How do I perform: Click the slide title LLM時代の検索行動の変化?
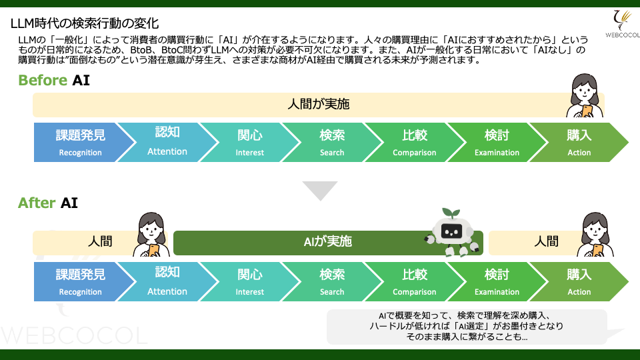[85, 24]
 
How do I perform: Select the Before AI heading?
[54, 81]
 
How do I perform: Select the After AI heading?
[48, 203]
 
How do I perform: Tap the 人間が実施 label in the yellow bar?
[318, 105]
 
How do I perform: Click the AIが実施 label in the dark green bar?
[327, 242]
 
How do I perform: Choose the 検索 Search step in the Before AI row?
[332, 143]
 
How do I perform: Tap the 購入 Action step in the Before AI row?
[579, 143]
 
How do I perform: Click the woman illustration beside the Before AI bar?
[585, 95]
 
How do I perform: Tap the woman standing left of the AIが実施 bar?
[150, 234]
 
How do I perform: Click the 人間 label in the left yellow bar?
[100, 242]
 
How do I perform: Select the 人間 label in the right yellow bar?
[547, 242]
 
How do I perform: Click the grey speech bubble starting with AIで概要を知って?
[467, 327]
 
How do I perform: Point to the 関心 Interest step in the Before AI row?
[250, 143]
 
